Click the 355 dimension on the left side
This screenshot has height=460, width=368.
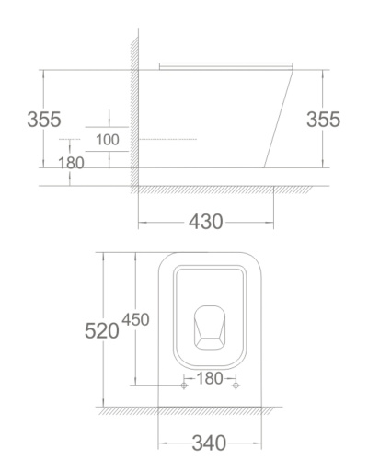44,119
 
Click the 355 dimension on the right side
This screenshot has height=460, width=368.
324,119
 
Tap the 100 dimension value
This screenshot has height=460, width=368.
108,140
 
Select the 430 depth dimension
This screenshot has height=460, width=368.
205,222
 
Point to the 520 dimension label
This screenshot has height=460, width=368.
101,331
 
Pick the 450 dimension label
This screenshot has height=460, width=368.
135,319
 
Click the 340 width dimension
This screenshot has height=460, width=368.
209,443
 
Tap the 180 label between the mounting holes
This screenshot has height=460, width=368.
210,378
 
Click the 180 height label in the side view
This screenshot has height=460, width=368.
71,163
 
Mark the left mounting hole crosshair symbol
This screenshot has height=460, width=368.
184,385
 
